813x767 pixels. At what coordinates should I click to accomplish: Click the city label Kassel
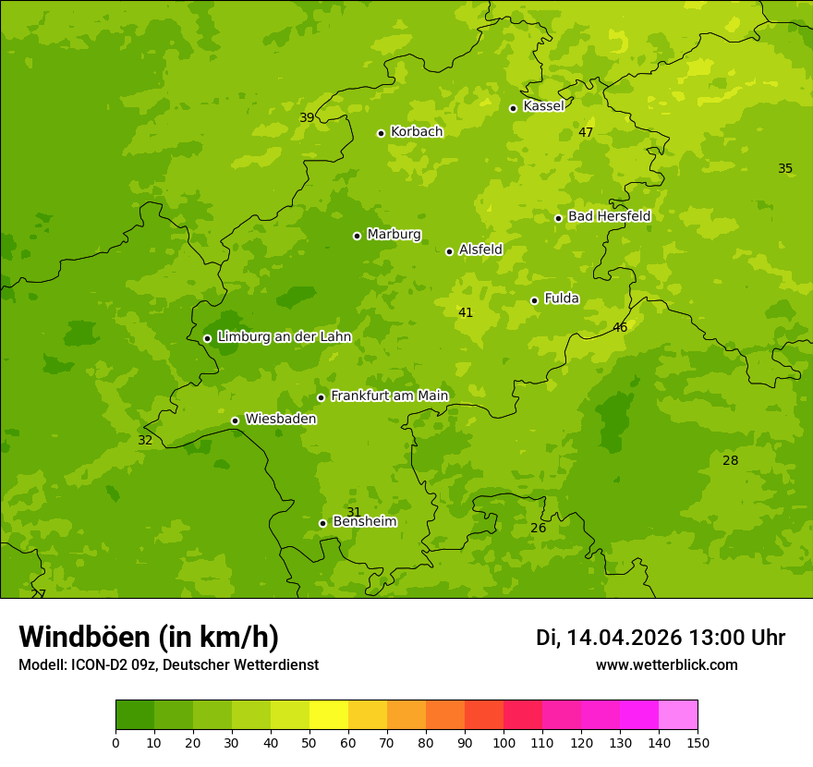click(x=543, y=106)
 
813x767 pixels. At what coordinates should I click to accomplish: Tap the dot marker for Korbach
click(x=381, y=133)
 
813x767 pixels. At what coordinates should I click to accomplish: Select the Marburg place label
click(x=394, y=235)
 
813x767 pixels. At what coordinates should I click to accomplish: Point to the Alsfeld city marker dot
click(x=449, y=251)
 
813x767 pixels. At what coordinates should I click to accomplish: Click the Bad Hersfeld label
click(x=609, y=216)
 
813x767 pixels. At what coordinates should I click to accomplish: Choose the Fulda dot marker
click(x=534, y=300)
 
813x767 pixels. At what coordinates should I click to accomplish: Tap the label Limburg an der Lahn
click(x=285, y=337)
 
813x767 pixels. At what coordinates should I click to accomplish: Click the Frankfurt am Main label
click(x=389, y=396)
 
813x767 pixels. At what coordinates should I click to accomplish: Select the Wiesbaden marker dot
click(x=235, y=420)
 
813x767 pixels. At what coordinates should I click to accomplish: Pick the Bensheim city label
click(x=364, y=522)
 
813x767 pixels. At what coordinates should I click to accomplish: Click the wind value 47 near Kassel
click(x=586, y=133)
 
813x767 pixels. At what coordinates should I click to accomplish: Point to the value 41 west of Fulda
click(x=466, y=313)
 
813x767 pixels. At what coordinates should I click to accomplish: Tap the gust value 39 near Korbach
click(x=307, y=118)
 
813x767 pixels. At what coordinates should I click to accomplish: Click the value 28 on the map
click(x=731, y=461)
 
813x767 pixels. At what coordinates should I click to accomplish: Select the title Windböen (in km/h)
click(x=149, y=638)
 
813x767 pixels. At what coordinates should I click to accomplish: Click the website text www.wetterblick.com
click(x=666, y=665)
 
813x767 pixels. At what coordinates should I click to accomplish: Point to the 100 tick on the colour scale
click(x=504, y=743)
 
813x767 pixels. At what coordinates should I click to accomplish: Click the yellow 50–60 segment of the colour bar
click(x=329, y=715)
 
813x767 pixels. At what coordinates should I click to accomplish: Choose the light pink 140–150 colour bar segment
click(x=678, y=715)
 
